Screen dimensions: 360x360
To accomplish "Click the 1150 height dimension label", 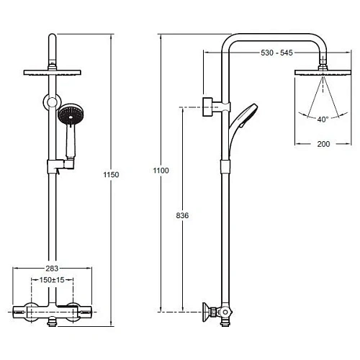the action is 111,174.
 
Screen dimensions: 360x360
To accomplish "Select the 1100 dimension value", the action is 161,171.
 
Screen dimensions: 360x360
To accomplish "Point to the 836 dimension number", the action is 182,215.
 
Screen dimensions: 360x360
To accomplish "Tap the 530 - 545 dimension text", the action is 276,53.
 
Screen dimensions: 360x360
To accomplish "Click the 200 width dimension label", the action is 323,144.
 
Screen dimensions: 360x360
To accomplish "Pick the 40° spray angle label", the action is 323,120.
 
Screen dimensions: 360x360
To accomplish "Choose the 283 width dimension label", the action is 52,269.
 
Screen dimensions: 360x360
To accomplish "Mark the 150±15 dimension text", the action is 52,280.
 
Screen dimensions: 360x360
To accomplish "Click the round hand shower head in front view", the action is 71,114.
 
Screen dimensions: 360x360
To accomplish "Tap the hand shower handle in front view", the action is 71,142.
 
